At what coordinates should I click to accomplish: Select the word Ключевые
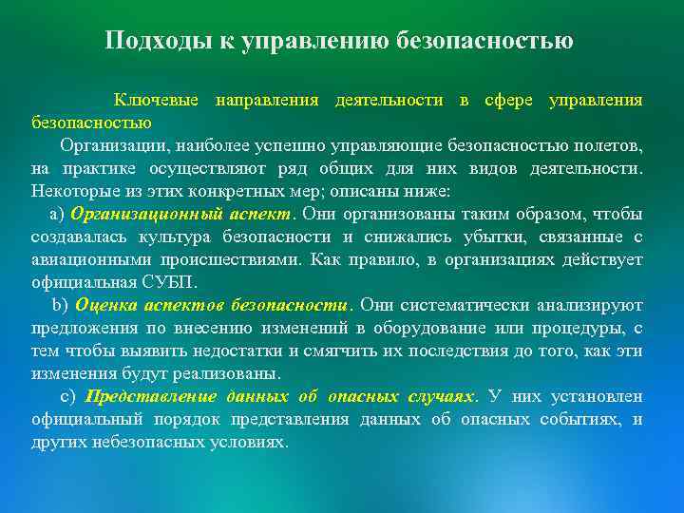coord(157,100)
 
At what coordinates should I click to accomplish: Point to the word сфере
coord(510,100)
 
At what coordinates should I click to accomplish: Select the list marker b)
coord(59,305)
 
